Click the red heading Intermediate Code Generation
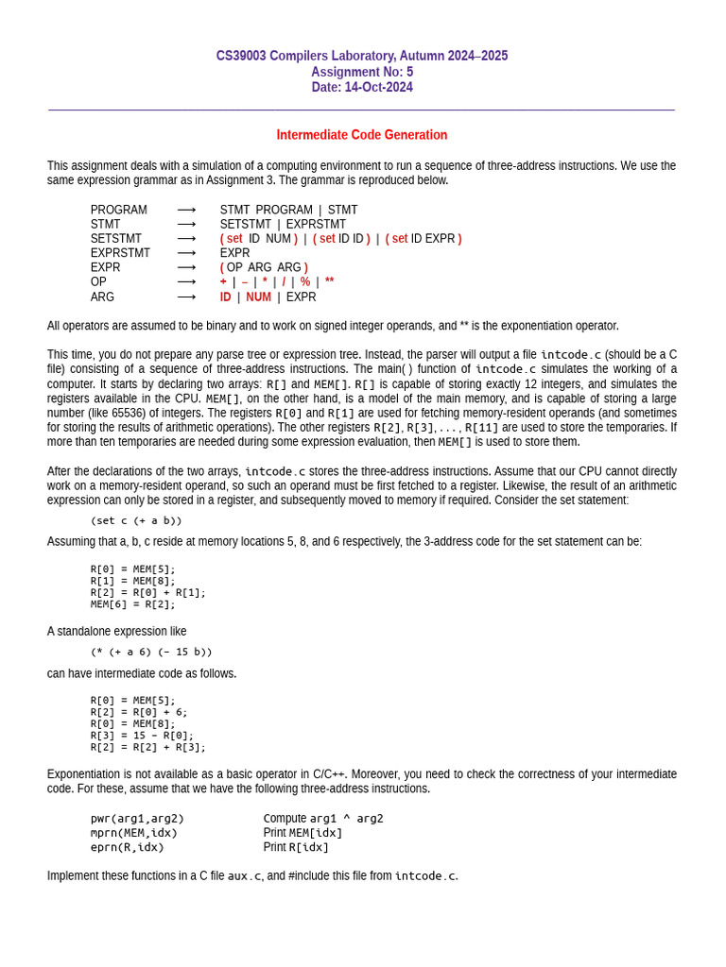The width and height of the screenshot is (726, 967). [362, 135]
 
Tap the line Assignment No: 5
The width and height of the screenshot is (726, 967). [362, 72]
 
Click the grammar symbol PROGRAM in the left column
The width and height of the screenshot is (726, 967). [119, 210]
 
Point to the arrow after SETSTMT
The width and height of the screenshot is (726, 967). [186, 239]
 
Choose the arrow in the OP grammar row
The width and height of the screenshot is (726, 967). [186, 282]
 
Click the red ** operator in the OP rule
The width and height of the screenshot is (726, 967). [330, 282]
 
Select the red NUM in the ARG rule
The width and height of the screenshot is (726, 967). [258, 297]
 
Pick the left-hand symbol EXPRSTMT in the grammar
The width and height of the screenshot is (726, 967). [120, 253]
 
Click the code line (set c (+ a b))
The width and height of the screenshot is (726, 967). [136, 520]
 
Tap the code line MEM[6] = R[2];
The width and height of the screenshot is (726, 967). [133, 604]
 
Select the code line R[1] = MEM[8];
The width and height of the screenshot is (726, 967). [133, 581]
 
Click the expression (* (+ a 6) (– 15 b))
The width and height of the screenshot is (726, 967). [151, 652]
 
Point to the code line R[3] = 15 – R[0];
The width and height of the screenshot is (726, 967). [142, 736]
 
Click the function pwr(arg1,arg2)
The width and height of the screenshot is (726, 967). [137, 819]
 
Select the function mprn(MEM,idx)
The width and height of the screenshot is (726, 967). [134, 833]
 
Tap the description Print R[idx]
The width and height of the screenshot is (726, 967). [296, 847]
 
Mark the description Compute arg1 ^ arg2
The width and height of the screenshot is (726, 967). [323, 819]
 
